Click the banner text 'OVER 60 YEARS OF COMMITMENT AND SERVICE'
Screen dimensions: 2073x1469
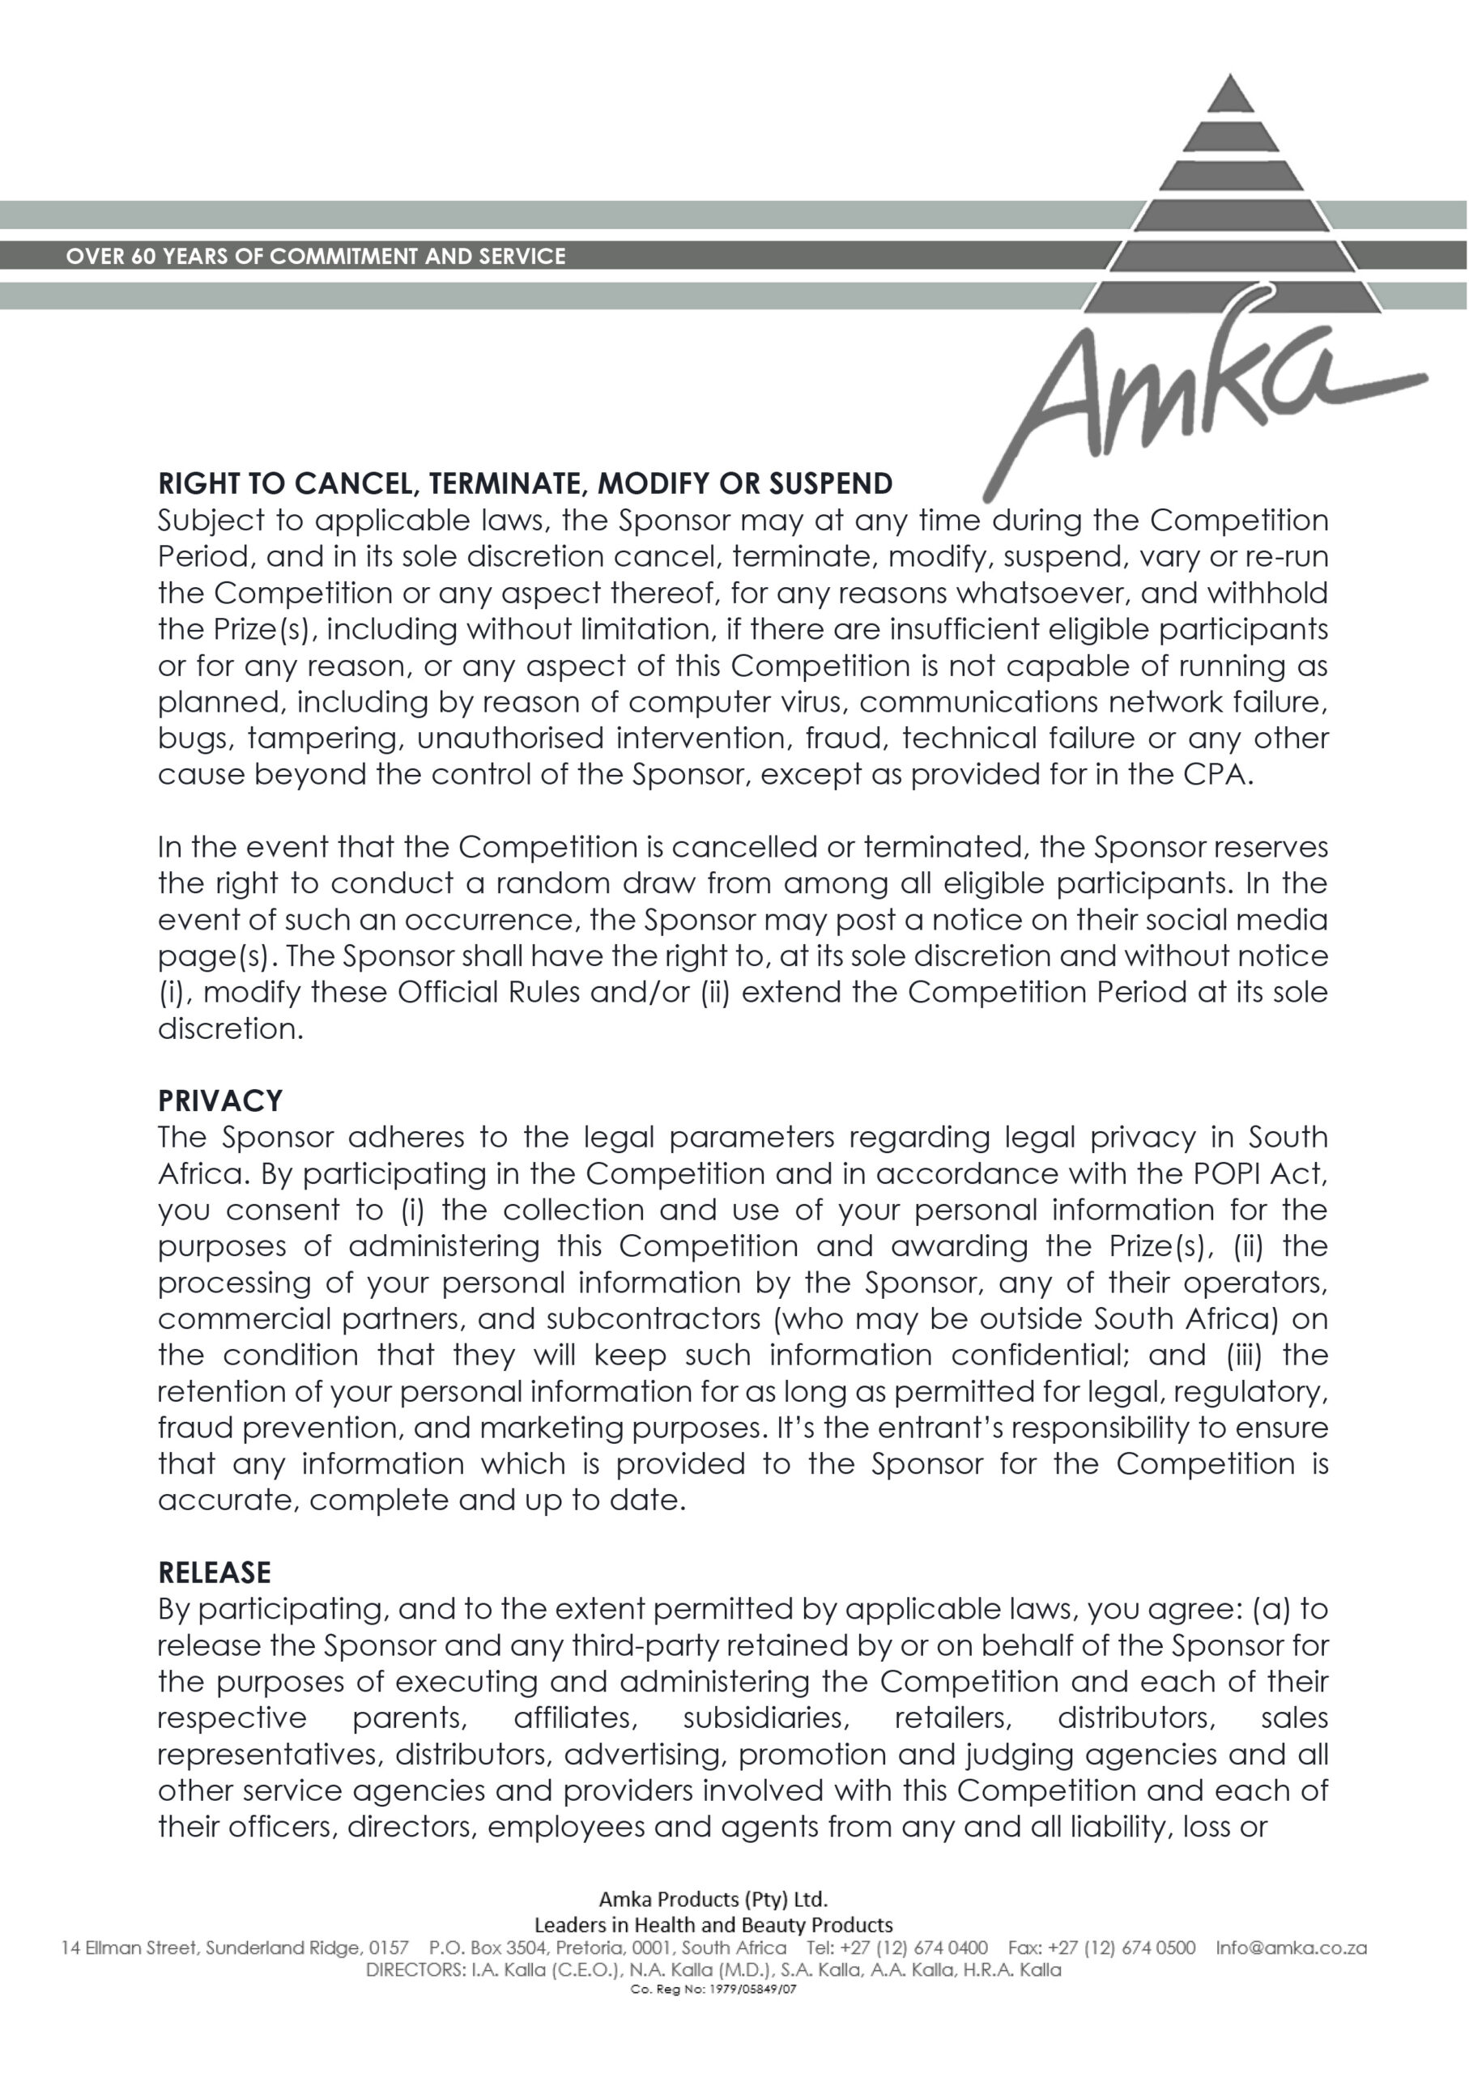coord(316,256)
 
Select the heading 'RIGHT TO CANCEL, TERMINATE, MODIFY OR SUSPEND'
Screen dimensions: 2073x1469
coord(525,484)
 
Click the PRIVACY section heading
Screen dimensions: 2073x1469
coord(219,1100)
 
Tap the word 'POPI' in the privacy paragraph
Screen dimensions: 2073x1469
coord(1228,1174)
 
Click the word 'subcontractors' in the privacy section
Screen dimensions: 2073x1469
coord(652,1318)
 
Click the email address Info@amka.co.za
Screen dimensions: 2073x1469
coord(1291,1947)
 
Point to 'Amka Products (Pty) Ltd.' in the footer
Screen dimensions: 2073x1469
coord(713,1898)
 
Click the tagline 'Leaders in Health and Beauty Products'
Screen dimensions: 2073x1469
coord(713,1924)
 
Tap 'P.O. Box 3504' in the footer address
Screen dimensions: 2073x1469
coord(488,1947)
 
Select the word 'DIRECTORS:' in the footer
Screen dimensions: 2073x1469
coord(412,1969)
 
